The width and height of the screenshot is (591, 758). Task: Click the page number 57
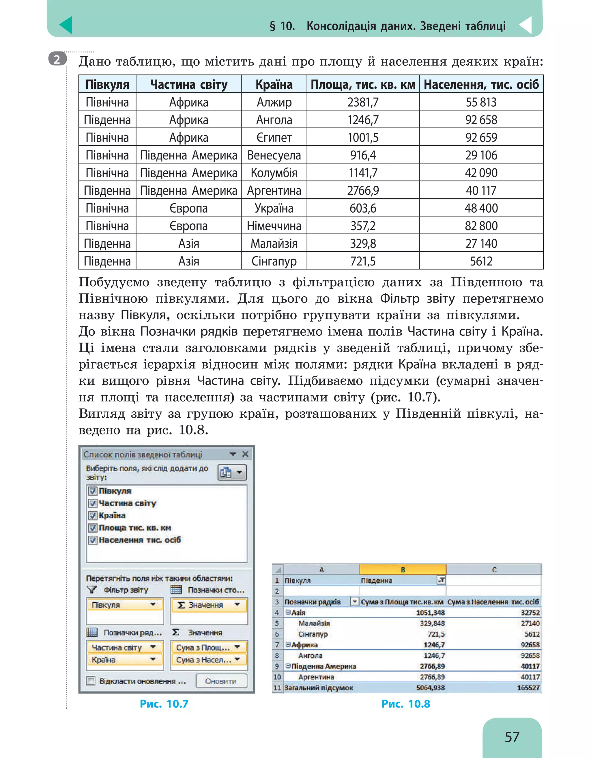pyautogui.click(x=512, y=737)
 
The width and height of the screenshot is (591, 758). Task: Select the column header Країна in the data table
pyautogui.click(x=274, y=84)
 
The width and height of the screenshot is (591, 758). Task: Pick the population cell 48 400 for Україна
pyautogui.click(x=481, y=208)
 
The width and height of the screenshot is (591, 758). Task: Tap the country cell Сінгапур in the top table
pyautogui.click(x=274, y=261)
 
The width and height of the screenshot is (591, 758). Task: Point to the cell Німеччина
pyautogui.click(x=274, y=226)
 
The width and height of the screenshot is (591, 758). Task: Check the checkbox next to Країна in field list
pyautogui.click(x=93, y=515)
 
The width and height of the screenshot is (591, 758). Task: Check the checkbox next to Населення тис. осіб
pyautogui.click(x=93, y=540)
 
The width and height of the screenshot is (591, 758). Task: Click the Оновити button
pyautogui.click(x=221, y=681)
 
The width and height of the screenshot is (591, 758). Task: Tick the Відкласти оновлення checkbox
pyautogui.click(x=91, y=681)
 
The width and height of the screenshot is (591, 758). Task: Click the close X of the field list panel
pyautogui.click(x=245, y=454)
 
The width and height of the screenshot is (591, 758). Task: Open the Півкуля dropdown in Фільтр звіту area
pyautogui.click(x=153, y=605)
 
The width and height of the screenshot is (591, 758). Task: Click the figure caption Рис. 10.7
pyautogui.click(x=164, y=704)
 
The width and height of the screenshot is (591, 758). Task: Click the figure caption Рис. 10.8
pyautogui.click(x=405, y=704)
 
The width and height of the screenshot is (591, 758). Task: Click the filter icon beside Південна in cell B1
pyautogui.click(x=441, y=580)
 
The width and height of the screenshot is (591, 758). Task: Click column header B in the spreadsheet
pyautogui.click(x=403, y=570)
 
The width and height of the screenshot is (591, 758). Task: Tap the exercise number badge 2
pyautogui.click(x=57, y=59)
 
